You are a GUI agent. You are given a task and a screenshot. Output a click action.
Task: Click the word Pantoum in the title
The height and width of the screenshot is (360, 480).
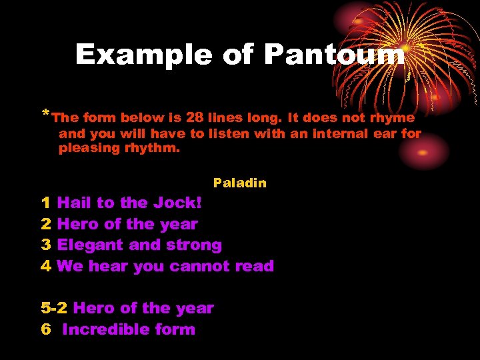(x=334, y=55)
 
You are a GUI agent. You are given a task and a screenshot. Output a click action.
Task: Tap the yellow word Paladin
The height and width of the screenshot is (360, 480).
(x=240, y=183)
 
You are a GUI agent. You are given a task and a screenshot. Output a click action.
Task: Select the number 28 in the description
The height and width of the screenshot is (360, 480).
(x=195, y=118)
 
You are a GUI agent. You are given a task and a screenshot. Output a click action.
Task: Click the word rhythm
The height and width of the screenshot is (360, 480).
(x=152, y=148)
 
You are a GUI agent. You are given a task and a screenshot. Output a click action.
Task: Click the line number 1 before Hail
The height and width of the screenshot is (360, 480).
(x=45, y=203)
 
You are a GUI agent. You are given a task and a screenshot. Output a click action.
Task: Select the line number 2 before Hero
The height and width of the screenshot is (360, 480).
(x=45, y=224)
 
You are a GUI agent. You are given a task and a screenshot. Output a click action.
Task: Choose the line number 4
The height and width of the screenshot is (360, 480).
(x=45, y=266)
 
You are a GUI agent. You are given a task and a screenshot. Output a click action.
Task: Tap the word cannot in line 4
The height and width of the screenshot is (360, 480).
(x=200, y=266)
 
